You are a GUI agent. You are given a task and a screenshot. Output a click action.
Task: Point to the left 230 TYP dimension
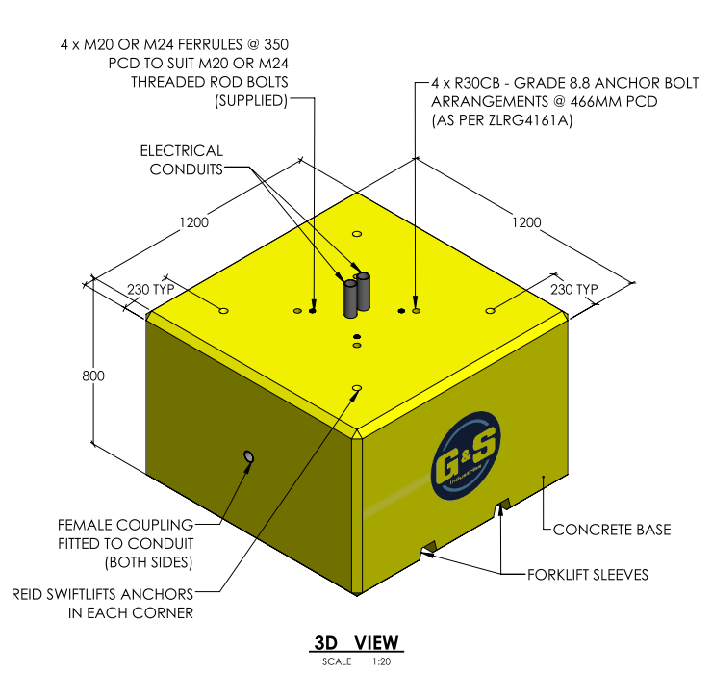[148, 290]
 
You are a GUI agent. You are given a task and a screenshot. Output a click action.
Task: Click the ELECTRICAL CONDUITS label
[181, 160]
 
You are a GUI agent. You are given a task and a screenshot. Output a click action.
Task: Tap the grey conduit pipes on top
[356, 294]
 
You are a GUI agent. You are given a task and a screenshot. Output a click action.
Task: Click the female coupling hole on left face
[250, 455]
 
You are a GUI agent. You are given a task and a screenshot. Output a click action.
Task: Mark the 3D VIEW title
[356, 643]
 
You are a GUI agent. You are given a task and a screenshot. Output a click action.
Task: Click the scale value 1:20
[381, 661]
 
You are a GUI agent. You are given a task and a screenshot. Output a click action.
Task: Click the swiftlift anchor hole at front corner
[357, 388]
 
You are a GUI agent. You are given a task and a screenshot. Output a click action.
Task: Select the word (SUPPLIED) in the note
[250, 101]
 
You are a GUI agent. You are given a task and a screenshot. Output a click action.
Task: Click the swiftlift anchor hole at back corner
[357, 234]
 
